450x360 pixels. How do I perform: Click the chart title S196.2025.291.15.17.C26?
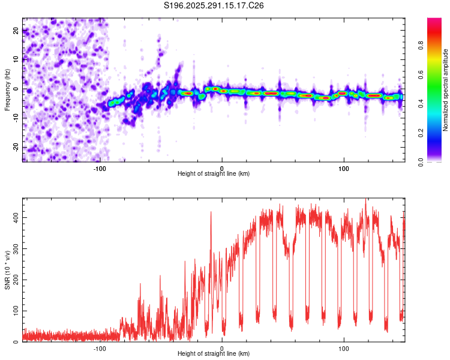coord(214,5)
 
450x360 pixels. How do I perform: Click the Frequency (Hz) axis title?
coord(7,89)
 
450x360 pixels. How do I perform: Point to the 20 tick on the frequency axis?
coord(16,31)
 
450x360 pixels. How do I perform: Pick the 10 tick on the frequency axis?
coord(16,59)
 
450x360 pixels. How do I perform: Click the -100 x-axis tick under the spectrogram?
coord(99,167)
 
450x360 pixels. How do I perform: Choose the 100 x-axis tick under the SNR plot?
coord(344,348)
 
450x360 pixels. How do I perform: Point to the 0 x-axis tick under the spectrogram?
coord(222,167)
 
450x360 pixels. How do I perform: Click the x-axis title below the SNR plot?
coord(214,354)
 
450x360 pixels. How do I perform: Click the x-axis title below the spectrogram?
coord(214,173)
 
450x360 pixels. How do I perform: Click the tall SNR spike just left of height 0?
coord(211,214)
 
